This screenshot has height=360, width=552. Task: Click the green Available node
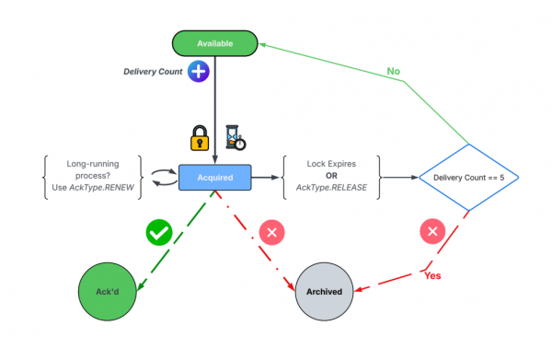213,43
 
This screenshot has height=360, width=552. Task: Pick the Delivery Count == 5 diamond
470,176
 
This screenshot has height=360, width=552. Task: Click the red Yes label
436,275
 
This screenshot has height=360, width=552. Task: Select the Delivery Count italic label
154,72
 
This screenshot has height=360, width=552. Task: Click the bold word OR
330,176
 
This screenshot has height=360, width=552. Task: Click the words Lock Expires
330,164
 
